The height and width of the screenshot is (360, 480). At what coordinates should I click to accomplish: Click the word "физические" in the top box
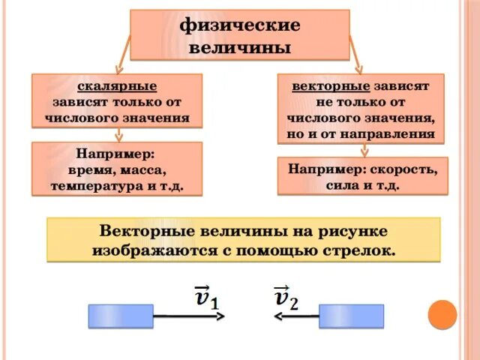[x=239, y=26]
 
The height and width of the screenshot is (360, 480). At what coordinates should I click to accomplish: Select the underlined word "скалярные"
[x=117, y=86]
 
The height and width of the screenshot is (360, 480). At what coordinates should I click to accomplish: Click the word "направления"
[x=393, y=133]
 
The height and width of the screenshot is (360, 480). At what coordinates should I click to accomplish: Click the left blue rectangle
[x=121, y=316]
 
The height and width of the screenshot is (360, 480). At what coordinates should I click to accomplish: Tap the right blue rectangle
[x=351, y=316]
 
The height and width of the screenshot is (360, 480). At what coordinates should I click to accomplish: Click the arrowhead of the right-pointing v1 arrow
[x=220, y=316]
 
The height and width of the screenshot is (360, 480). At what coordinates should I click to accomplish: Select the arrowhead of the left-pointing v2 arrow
[x=277, y=316]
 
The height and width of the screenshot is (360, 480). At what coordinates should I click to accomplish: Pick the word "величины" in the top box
[x=239, y=47]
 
